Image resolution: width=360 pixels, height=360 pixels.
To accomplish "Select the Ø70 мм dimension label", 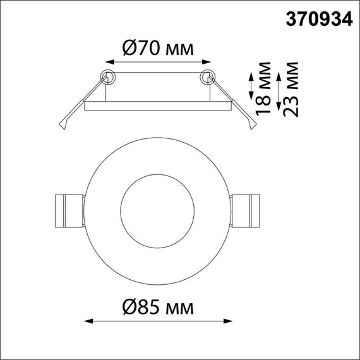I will click(x=157, y=47).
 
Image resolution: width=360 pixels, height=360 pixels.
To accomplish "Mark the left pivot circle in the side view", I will click(x=108, y=77).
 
